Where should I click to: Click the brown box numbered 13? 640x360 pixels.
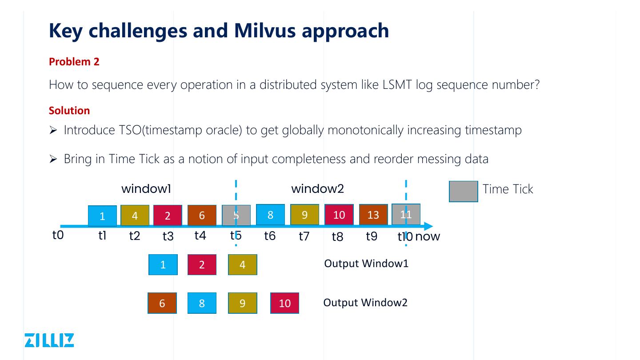(373, 215)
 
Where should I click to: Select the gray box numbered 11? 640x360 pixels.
(406, 214)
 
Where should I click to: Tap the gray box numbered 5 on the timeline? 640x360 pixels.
(236, 215)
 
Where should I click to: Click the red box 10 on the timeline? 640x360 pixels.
(339, 215)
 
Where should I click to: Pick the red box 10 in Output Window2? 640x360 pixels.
(284, 303)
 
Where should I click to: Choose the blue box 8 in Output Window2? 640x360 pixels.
(202, 303)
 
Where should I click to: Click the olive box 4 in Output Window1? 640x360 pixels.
(242, 265)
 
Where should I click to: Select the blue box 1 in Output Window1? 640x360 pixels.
(163, 265)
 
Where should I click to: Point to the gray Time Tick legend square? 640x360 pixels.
(463, 191)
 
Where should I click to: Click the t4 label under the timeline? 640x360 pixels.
(200, 236)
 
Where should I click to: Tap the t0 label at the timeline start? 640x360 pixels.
(58, 235)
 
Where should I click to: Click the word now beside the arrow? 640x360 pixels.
(428, 236)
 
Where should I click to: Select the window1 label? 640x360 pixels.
(146, 189)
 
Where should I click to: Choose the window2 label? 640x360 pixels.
(317, 189)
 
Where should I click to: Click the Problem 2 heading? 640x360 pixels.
(74, 62)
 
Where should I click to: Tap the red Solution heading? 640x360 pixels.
(69, 110)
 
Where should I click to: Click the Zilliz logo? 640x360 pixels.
(49, 340)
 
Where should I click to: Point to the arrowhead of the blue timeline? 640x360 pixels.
(428, 226)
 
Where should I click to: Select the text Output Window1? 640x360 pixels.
(366, 264)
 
